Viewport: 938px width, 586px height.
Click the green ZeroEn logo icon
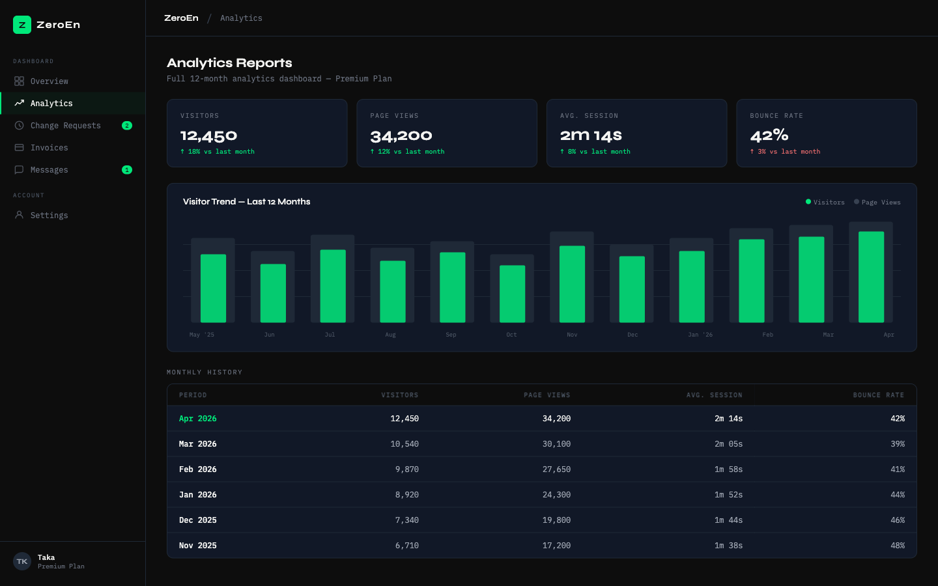pyautogui.click(x=22, y=25)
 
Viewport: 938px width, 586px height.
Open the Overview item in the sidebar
pyautogui.click(x=49, y=81)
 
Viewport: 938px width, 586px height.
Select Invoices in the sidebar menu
pyautogui.click(x=49, y=148)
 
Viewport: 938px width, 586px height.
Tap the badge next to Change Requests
pyautogui.click(x=127, y=126)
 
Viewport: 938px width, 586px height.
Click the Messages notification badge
pyautogui.click(x=127, y=170)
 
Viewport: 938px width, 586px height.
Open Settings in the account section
pyautogui.click(x=49, y=216)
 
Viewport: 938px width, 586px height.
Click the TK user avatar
pyautogui.click(x=22, y=561)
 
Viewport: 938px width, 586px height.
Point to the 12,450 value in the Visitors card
pyautogui.click(x=208, y=136)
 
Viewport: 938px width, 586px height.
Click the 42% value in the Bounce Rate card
pyautogui.click(x=769, y=136)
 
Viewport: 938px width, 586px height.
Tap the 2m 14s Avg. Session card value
pyautogui.click(x=591, y=136)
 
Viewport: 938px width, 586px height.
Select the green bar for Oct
pyautogui.click(x=512, y=294)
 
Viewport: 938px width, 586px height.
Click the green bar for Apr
pyautogui.click(x=871, y=277)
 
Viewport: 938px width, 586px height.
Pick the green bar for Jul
pyautogui.click(x=333, y=286)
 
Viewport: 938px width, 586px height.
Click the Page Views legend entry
pyautogui.click(x=877, y=202)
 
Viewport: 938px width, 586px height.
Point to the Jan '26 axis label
pyautogui.click(x=700, y=335)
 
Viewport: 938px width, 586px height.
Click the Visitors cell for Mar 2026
pyautogui.click(x=404, y=444)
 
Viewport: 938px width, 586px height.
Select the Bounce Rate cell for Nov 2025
pyautogui.click(x=897, y=546)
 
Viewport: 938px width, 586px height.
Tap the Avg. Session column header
pyautogui.click(x=714, y=395)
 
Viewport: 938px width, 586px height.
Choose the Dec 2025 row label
pyautogui.click(x=198, y=520)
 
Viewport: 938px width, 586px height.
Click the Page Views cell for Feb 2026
pyautogui.click(x=556, y=469)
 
